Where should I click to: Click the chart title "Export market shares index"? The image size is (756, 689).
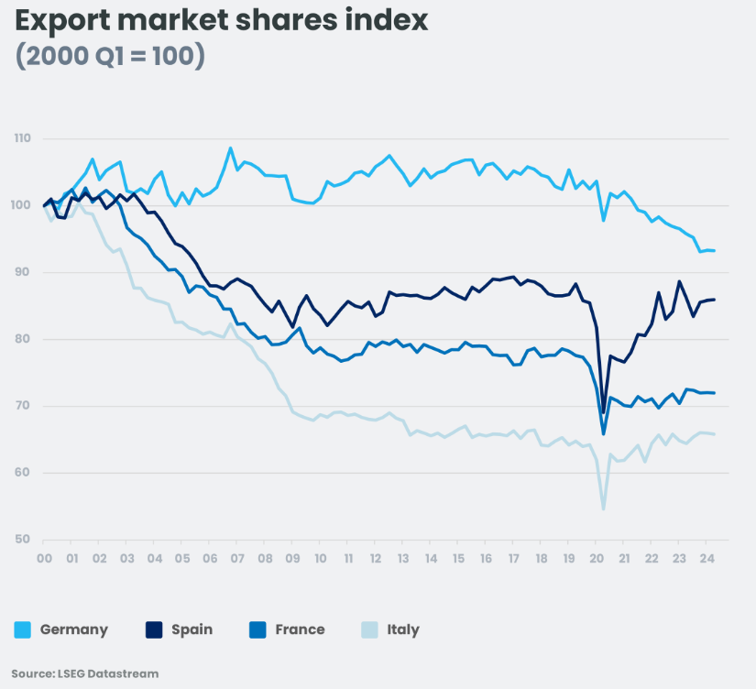(221, 21)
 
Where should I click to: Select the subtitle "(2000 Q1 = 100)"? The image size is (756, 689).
(110, 56)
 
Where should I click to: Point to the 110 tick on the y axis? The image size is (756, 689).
(22, 139)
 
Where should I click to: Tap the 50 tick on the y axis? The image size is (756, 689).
(22, 540)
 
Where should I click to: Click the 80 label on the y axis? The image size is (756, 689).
(22, 339)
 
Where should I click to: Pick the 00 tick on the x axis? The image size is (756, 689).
(43, 558)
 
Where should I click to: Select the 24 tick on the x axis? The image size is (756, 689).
(707, 558)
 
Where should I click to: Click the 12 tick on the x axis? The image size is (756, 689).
(375, 558)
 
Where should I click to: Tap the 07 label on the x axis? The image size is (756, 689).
(236, 558)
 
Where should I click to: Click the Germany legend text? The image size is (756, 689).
(73, 629)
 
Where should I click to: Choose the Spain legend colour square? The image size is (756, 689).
(154, 629)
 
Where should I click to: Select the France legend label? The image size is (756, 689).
(300, 629)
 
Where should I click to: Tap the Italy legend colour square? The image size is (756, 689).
(369, 629)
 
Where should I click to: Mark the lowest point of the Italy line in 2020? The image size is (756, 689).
(603, 509)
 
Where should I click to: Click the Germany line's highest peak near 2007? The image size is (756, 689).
(230, 148)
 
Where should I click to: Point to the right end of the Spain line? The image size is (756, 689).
(715, 300)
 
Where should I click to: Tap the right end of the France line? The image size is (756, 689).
(715, 393)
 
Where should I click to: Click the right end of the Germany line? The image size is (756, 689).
(715, 251)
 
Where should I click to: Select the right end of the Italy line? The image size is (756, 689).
(715, 434)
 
